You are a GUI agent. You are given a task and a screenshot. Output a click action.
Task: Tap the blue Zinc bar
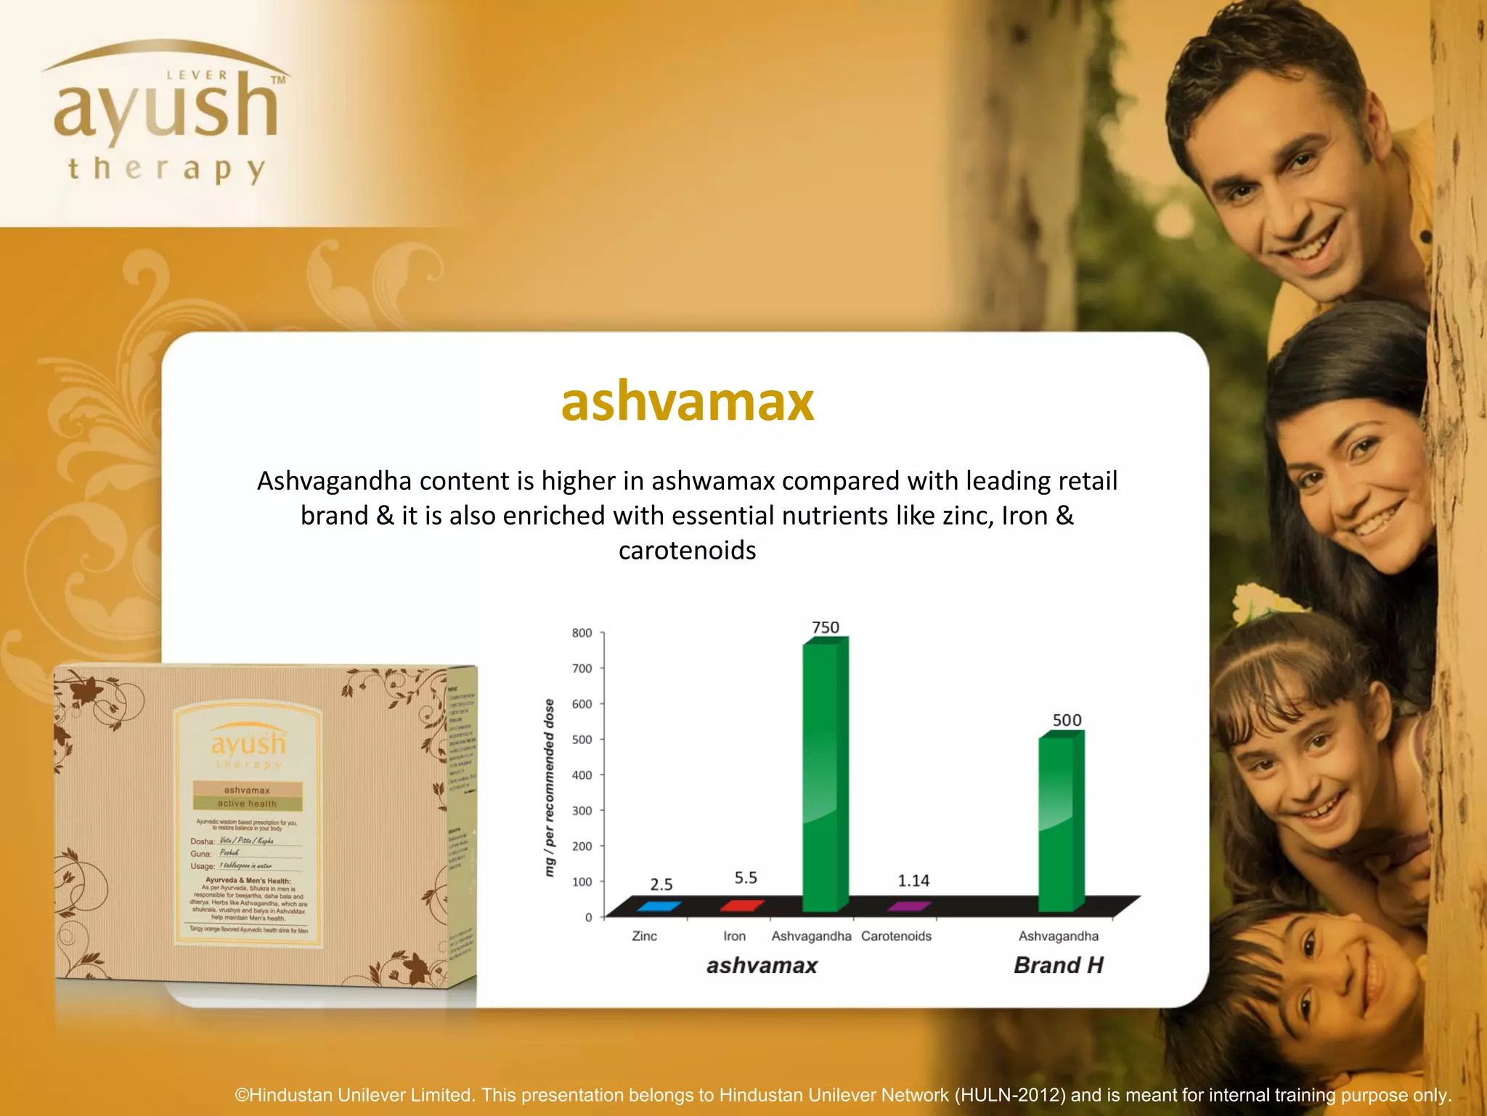[659, 906]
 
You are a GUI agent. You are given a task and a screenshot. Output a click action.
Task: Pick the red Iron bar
[741, 905]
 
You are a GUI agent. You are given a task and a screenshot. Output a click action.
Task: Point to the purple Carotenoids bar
[908, 906]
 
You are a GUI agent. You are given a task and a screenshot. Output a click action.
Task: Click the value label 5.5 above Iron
[746, 878]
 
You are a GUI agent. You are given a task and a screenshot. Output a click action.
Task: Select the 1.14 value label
[913, 881]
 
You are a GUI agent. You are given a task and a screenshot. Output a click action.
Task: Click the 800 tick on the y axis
[582, 633]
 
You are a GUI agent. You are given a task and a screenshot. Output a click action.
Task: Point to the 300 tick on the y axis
[582, 811]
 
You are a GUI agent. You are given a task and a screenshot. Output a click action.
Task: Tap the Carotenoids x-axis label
[896, 936]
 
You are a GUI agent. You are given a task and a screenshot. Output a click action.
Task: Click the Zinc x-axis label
[644, 936]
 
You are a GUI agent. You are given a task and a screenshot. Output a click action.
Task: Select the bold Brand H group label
[1059, 965]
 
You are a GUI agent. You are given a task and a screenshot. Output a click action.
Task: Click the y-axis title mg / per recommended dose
[550, 787]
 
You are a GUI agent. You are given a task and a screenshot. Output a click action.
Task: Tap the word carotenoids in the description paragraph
[687, 551]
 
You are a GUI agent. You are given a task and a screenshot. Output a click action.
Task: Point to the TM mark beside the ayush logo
[277, 80]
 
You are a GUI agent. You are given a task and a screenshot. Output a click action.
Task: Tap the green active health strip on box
[247, 804]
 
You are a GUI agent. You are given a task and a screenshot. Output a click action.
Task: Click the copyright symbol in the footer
[242, 1095]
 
